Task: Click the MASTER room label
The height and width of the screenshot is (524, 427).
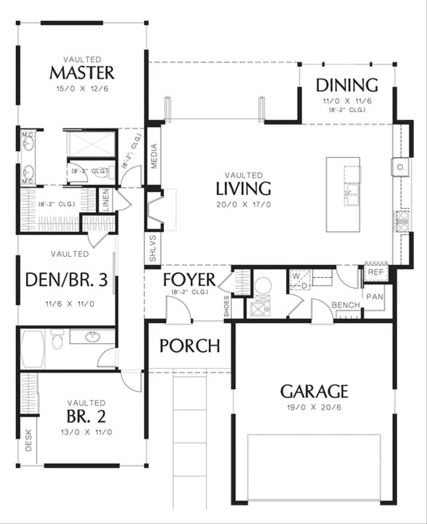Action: [x=82, y=73]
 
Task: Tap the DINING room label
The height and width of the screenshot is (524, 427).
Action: [x=347, y=85]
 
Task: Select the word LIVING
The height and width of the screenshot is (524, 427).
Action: [x=244, y=189]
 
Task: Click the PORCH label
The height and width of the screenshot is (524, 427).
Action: [x=190, y=346]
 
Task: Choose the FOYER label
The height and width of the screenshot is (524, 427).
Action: [x=189, y=279]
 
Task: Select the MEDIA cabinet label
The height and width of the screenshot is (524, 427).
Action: [x=154, y=156]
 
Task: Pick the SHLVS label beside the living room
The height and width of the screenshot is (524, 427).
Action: [x=153, y=249]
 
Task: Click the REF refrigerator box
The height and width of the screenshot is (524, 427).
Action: [x=375, y=272]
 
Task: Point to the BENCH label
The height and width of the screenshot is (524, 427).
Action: [x=346, y=305]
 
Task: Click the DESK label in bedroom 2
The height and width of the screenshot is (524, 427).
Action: [x=28, y=443]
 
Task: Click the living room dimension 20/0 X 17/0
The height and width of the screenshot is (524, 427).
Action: [x=244, y=205]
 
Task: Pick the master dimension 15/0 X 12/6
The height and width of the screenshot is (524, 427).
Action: [x=82, y=89]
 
